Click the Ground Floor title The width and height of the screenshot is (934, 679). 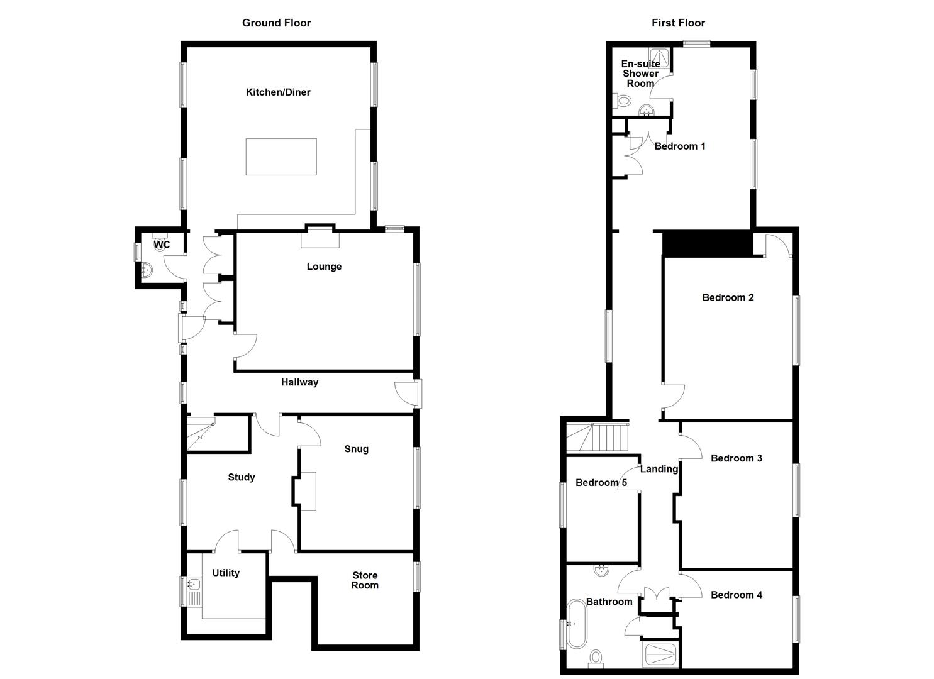tap(276, 23)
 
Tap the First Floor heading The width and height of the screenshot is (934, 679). tap(678, 23)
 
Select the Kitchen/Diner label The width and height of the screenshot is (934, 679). tap(278, 92)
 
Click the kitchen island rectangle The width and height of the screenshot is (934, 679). tap(281, 157)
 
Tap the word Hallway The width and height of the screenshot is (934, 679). tap(299, 382)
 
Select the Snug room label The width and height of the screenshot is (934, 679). tap(356, 449)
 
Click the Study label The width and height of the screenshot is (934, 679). tap(241, 477)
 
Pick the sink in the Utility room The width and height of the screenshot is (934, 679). tap(193, 585)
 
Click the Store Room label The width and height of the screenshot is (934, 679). tap(365, 580)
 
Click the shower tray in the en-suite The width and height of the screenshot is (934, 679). tap(659, 58)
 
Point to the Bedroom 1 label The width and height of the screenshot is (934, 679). tap(680, 146)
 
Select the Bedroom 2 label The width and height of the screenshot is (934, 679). tap(728, 297)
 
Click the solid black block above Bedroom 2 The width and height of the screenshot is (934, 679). tap(708, 243)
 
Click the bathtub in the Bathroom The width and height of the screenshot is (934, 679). tap(575, 624)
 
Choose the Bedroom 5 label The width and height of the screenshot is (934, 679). tap(601, 483)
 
